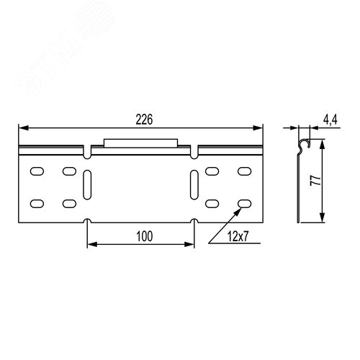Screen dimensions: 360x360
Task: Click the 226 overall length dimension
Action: pyautogui.click(x=144, y=120)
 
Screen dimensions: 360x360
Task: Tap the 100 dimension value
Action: pyautogui.click(x=145, y=236)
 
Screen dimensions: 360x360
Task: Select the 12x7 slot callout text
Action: pyautogui.click(x=238, y=237)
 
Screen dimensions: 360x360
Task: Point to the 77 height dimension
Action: pyautogui.click(x=315, y=180)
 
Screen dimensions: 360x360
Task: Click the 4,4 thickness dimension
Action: pyautogui.click(x=330, y=120)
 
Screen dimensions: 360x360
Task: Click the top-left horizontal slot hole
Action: pyautogui.click(x=37, y=171)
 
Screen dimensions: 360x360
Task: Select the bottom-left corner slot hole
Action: pyautogui.click(x=37, y=204)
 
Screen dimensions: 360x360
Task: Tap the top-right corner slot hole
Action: pyautogui.click(x=245, y=171)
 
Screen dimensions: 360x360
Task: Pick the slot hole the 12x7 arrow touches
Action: pyautogui.click(x=245, y=204)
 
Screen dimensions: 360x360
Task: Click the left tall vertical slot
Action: pyautogui.click(x=87, y=184)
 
